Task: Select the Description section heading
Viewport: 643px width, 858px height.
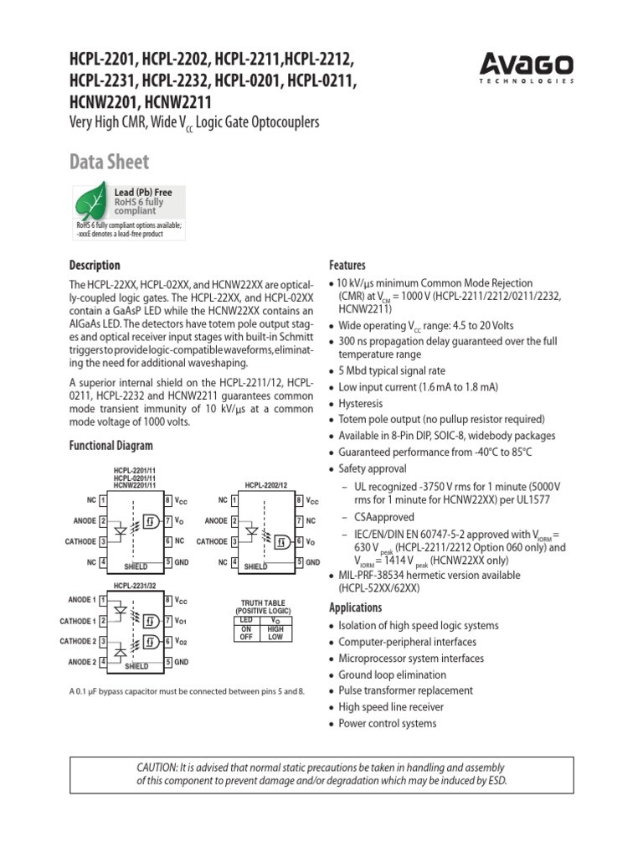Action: click(x=95, y=265)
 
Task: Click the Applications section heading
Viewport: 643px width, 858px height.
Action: click(x=356, y=607)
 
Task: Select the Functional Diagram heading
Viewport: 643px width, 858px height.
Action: click(x=111, y=447)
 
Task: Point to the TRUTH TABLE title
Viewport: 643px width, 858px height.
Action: click(x=263, y=602)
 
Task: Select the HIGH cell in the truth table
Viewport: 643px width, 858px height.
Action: click(x=275, y=628)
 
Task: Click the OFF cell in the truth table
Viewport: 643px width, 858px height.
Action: click(x=246, y=637)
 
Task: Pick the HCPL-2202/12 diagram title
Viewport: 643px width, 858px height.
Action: click(x=266, y=485)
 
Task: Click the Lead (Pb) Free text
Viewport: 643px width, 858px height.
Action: click(x=143, y=193)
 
